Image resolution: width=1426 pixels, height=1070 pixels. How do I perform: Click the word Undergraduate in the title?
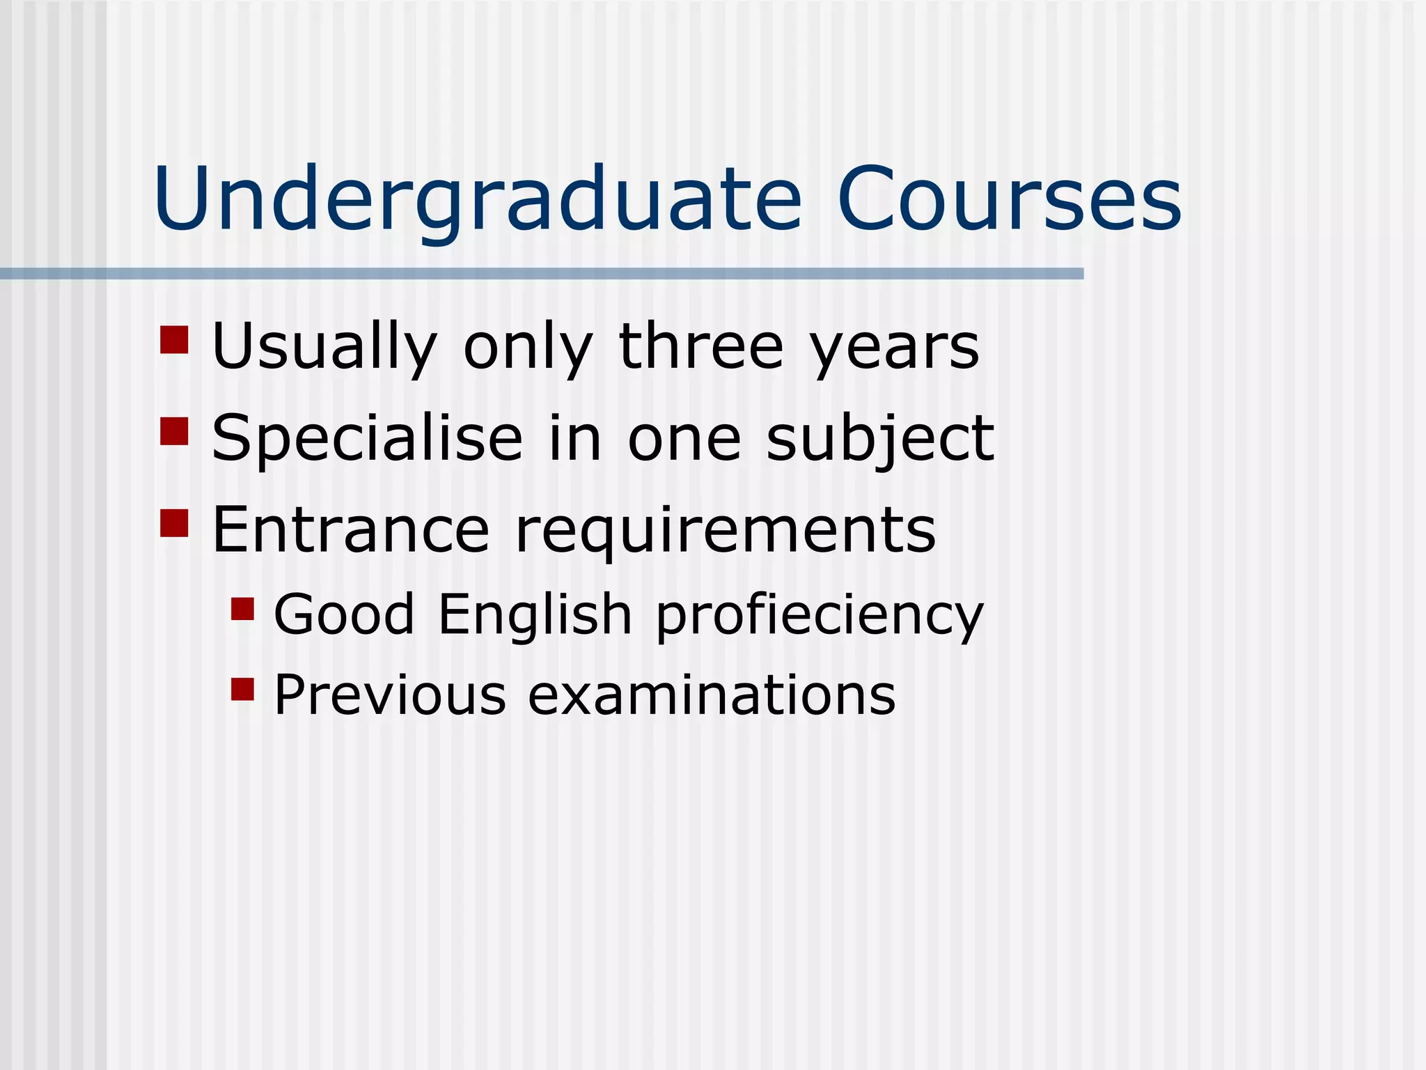pos(478,201)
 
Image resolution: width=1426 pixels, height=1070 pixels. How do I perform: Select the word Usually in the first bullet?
pos(324,347)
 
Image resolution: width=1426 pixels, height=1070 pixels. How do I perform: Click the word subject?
pos(880,439)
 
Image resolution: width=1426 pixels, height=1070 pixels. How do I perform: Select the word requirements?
pos(726,531)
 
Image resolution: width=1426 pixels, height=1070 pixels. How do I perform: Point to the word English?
pos(535,615)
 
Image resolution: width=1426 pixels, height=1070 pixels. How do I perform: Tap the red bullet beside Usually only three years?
pos(174,340)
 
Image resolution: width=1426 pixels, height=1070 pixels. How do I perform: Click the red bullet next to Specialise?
pos(174,431)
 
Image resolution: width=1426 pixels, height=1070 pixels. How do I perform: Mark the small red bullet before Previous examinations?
pos(242,689)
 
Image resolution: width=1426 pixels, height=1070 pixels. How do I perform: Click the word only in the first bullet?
pos(528,347)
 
